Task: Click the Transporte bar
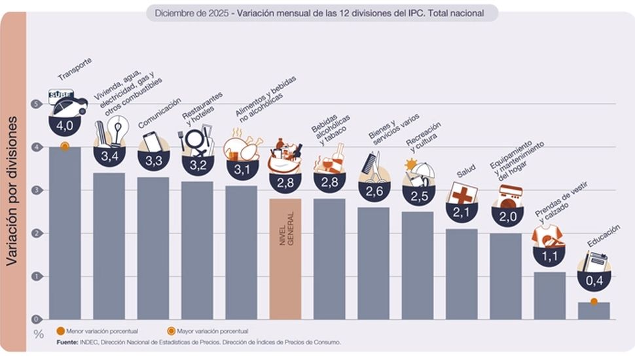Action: coord(65,232)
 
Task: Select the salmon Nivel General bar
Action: coord(285,259)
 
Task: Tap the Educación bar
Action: coord(594,310)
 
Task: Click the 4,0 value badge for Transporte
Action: coord(65,124)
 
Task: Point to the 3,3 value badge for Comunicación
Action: coord(153,160)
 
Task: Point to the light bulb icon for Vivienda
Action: coord(119,131)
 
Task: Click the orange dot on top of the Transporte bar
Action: coord(64,147)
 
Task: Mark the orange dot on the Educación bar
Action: coord(594,302)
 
